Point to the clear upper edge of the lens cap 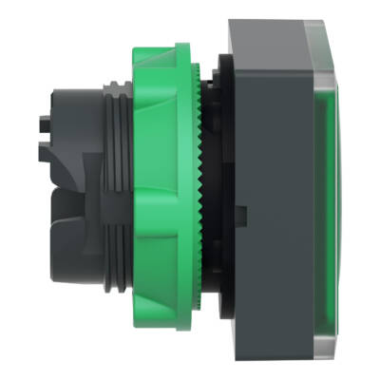(x=285, y=28)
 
